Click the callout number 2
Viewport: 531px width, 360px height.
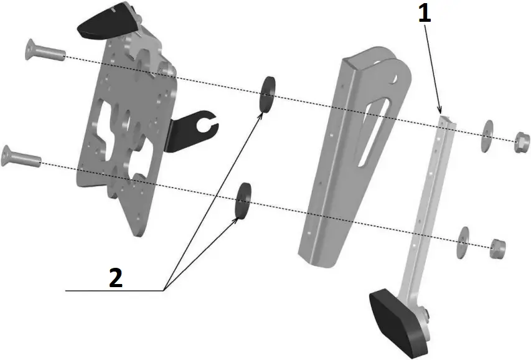coord(115,277)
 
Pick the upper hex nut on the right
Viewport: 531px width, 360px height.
coord(520,143)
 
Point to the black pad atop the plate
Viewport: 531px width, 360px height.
coord(106,21)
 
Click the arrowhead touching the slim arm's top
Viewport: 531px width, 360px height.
coord(441,111)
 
